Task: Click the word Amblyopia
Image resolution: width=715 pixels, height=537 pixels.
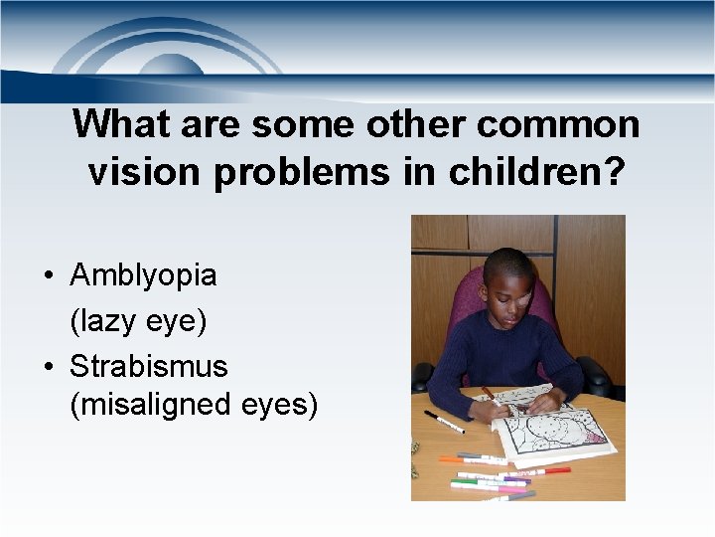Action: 143,275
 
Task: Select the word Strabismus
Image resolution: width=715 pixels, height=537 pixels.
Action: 148,367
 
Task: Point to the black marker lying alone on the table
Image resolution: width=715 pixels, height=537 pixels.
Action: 444,422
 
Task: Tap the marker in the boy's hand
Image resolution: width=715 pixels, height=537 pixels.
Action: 490,394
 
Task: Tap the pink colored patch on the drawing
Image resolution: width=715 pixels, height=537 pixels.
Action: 595,437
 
